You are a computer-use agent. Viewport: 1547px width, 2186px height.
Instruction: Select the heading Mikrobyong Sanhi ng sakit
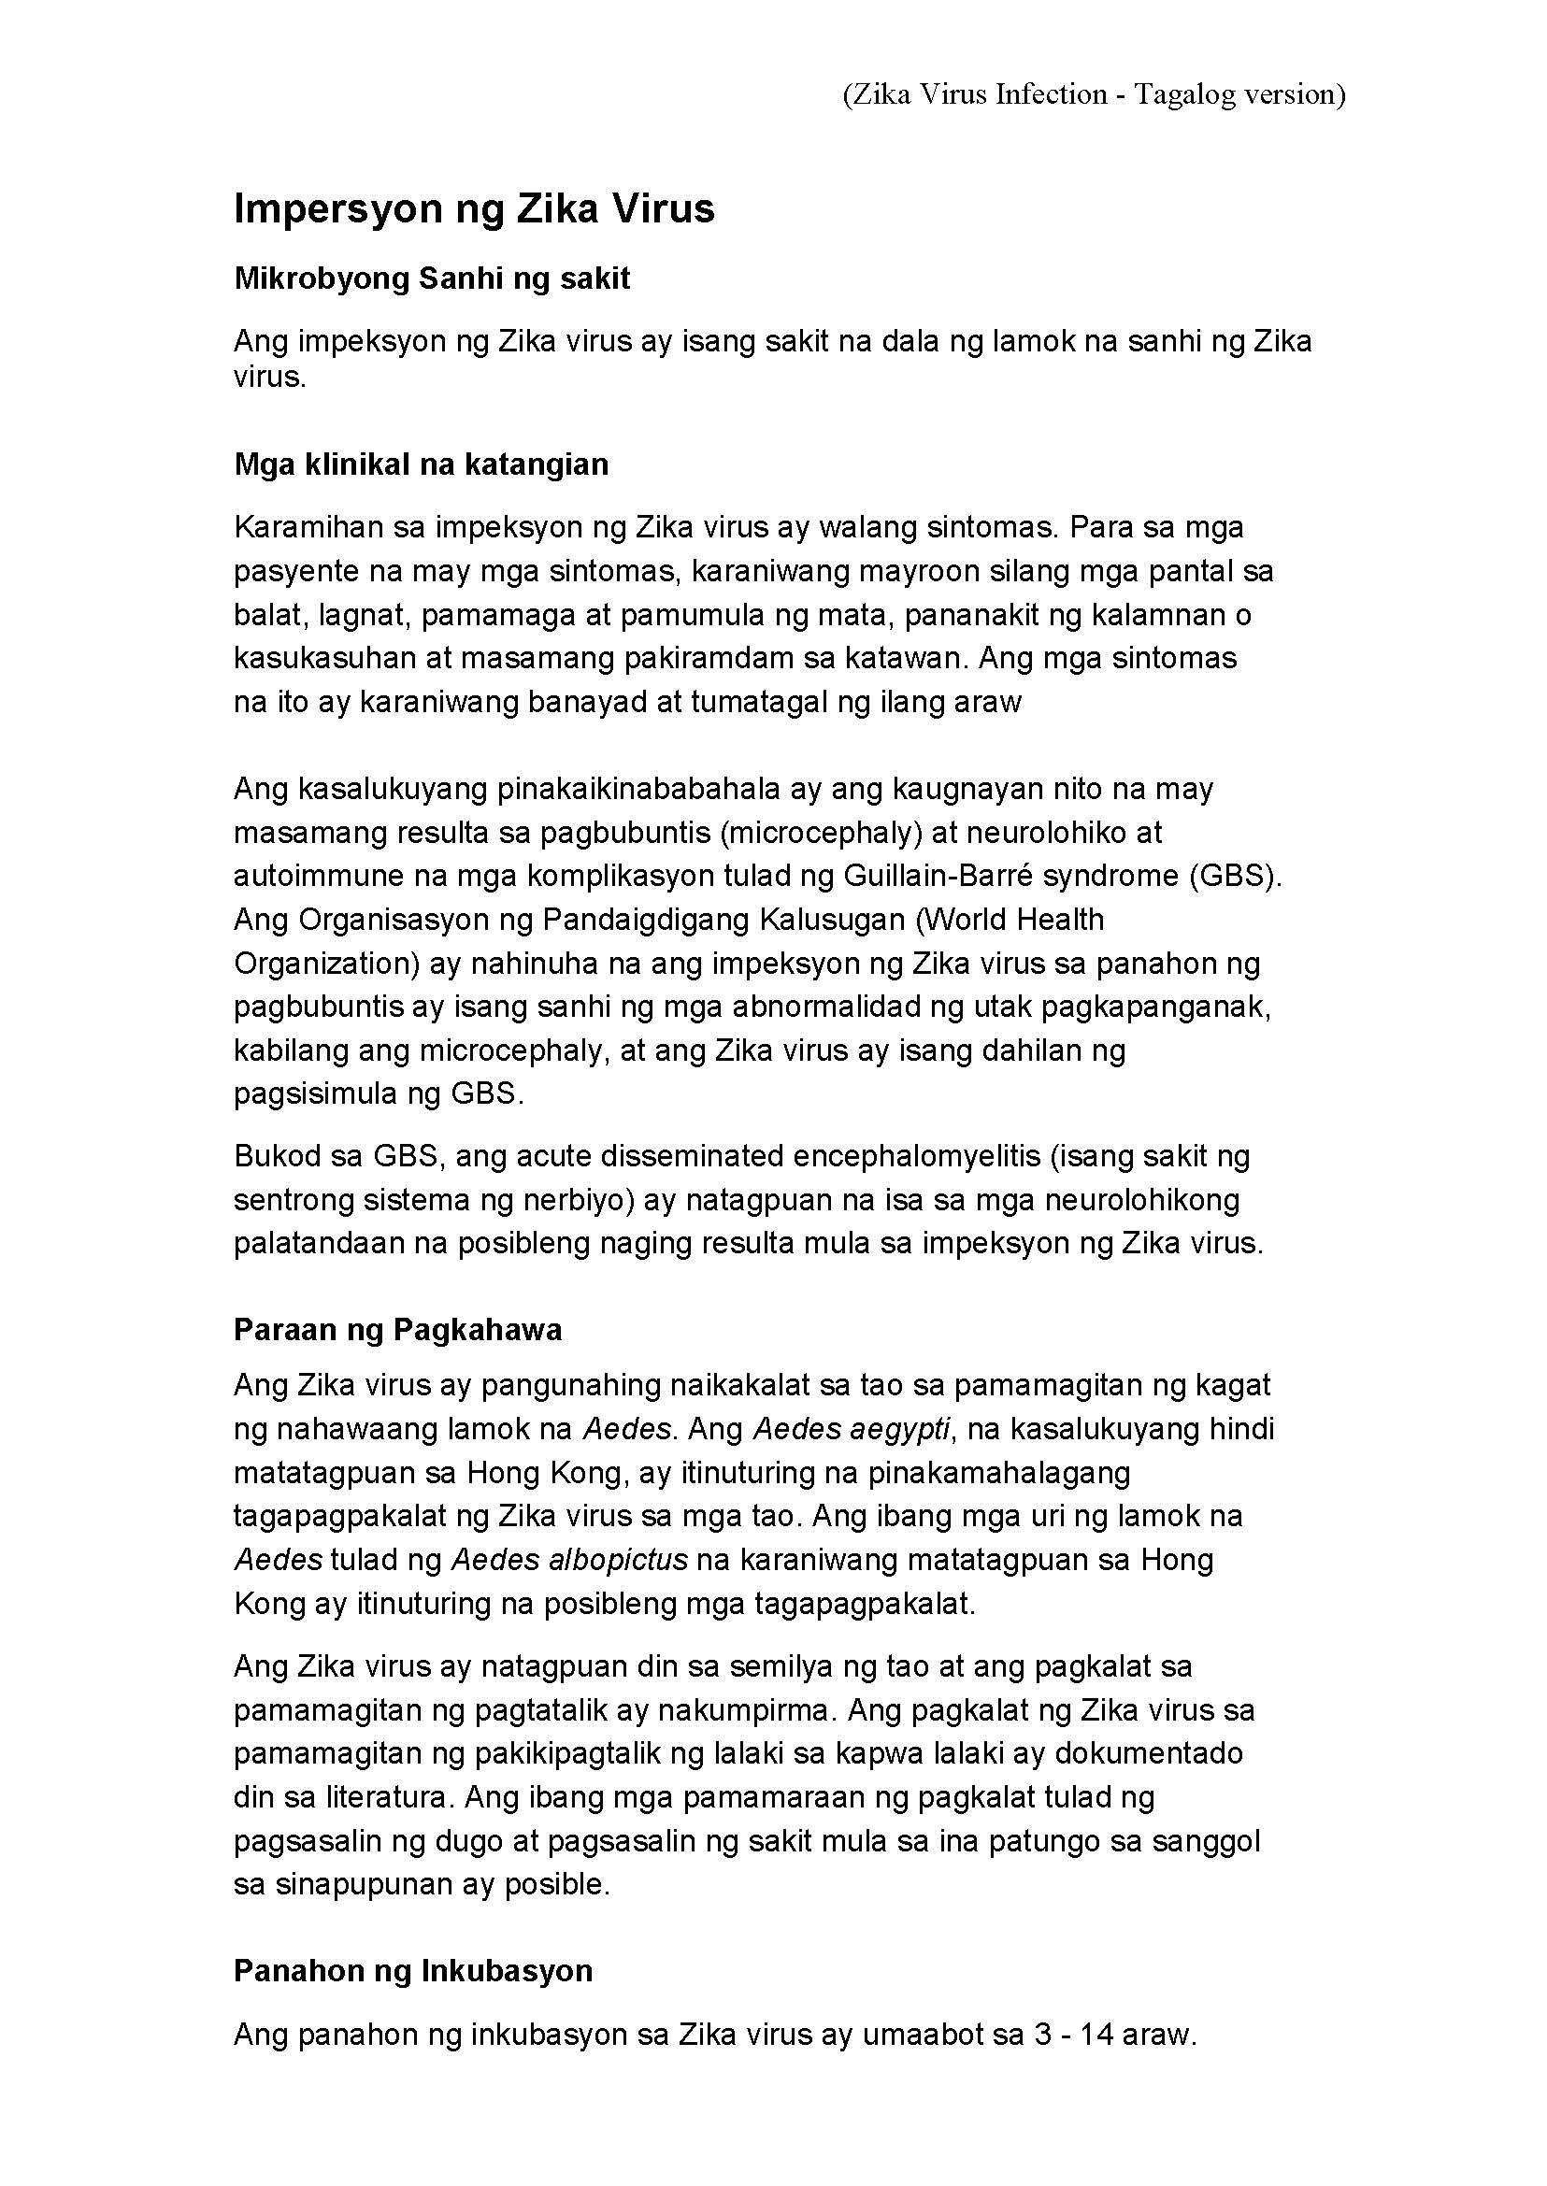pyautogui.click(x=432, y=279)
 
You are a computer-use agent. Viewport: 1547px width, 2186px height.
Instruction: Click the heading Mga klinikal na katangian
pyautogui.click(x=421, y=464)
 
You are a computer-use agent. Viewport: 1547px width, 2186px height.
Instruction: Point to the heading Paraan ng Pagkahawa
pyautogui.click(x=397, y=1330)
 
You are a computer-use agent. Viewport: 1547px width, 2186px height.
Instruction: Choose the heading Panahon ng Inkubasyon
pyautogui.click(x=412, y=1971)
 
